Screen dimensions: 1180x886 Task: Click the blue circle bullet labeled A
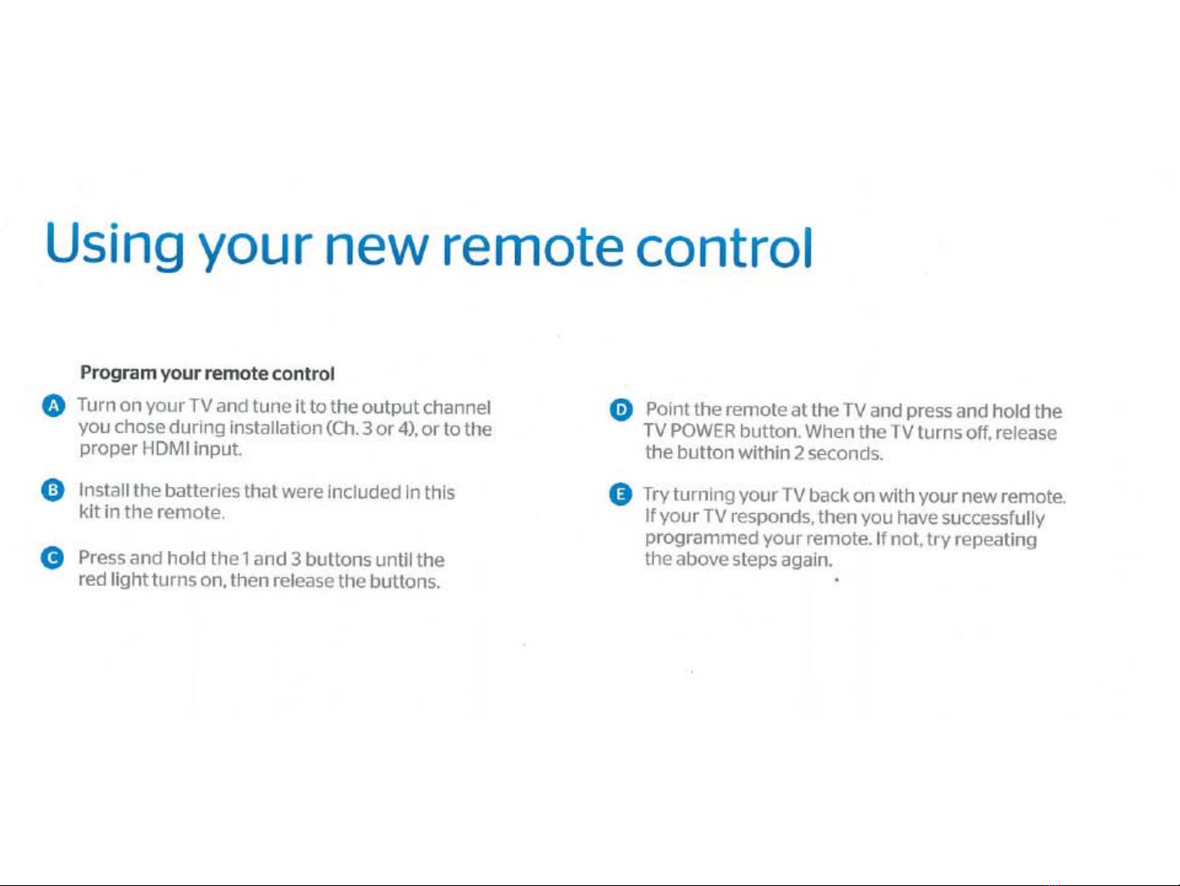coord(53,407)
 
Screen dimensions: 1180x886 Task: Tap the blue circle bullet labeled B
coord(52,490)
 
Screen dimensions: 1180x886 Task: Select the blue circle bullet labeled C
coord(52,558)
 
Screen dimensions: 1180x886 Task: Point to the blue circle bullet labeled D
coord(621,411)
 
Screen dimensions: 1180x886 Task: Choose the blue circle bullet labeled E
coord(621,494)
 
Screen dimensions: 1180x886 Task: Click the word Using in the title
coord(115,245)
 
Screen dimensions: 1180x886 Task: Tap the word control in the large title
coord(724,248)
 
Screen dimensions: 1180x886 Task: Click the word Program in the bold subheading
coord(118,373)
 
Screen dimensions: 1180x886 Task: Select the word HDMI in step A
coord(165,448)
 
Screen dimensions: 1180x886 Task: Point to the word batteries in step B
coord(202,491)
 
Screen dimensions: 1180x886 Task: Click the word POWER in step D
coord(703,431)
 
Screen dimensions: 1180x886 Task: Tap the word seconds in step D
coord(845,453)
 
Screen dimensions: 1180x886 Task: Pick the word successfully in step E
coord(993,519)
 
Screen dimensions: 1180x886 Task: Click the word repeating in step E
coord(996,539)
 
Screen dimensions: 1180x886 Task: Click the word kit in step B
coord(88,511)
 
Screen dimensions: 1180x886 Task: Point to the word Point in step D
coord(667,409)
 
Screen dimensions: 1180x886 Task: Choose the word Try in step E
coord(656,495)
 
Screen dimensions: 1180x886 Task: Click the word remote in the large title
coord(532,247)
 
